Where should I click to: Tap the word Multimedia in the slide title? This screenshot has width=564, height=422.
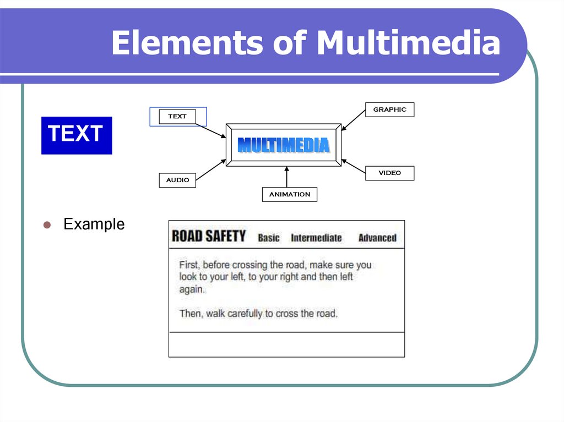(408, 43)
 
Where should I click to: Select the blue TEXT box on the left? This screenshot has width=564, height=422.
(77, 135)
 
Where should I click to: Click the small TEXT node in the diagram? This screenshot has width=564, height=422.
(177, 117)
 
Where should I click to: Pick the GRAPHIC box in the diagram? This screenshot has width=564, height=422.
(389, 109)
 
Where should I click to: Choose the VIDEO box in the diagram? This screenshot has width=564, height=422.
(389, 173)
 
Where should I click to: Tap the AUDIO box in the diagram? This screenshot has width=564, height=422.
(177, 180)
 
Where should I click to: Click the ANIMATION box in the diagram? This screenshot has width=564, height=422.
(289, 194)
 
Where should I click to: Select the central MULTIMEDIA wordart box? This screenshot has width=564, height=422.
(284, 145)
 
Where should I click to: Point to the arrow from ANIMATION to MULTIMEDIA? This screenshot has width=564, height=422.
(286, 177)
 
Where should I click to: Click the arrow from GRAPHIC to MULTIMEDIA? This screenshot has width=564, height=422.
(354, 120)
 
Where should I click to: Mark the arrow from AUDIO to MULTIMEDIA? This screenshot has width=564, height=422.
(211, 170)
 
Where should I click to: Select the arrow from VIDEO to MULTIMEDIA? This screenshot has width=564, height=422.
(354, 167)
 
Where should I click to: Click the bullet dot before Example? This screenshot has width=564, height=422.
(47, 225)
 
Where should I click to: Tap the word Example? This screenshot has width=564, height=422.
(94, 224)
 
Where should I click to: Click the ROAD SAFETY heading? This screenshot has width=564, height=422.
(208, 237)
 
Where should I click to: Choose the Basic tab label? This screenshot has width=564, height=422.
(269, 238)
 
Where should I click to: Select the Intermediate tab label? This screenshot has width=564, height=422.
(316, 238)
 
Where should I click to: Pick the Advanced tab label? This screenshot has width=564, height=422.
(377, 238)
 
